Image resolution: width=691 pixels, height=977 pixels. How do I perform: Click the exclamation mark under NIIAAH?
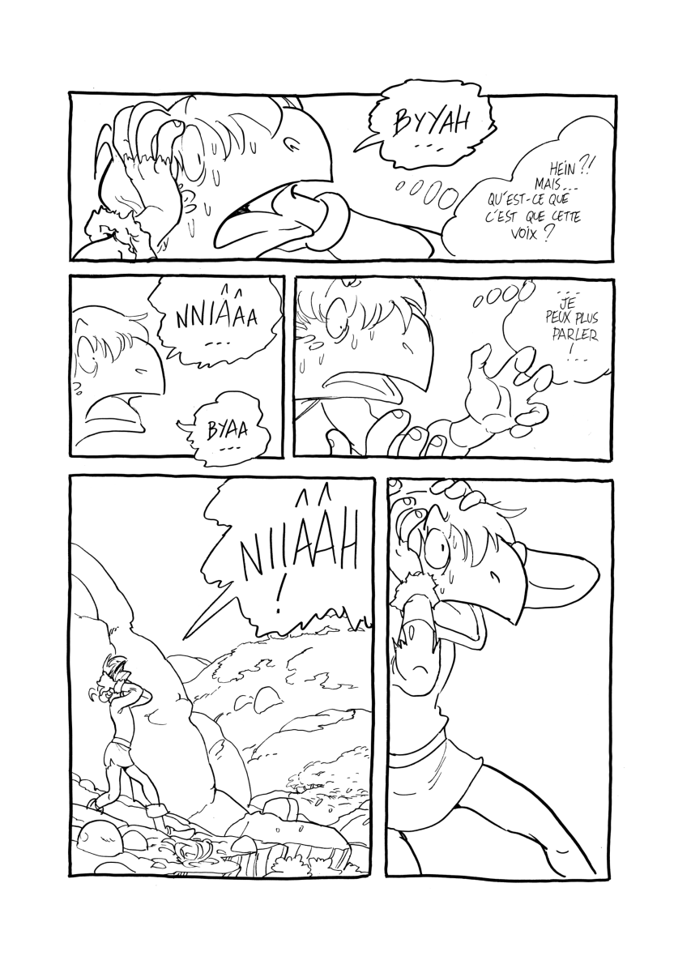pos(279,600)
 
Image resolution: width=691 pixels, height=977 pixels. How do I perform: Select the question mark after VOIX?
pos(552,233)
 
